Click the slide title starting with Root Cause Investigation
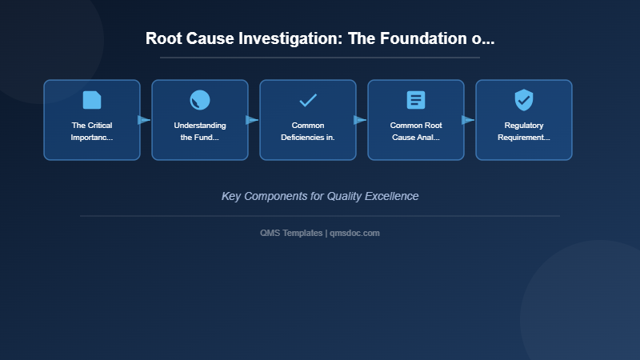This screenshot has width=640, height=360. click(x=320, y=38)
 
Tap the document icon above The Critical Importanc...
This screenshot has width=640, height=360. click(x=92, y=100)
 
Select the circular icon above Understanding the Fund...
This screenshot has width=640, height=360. click(x=200, y=100)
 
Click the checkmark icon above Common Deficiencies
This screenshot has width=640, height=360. click(x=308, y=100)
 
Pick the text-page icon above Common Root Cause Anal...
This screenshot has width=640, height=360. click(x=416, y=100)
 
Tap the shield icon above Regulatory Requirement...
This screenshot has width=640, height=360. click(x=524, y=100)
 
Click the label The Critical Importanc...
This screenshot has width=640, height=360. click(x=92, y=131)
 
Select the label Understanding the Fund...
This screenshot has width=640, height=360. click(x=200, y=131)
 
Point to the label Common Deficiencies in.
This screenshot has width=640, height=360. click(x=308, y=131)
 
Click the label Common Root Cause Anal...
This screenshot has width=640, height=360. click(x=416, y=131)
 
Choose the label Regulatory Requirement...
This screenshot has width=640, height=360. click(x=524, y=131)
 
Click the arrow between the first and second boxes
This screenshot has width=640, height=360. click(x=144, y=120)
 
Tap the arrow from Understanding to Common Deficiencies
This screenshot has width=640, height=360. click(x=252, y=120)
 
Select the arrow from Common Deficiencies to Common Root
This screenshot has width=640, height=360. click(x=360, y=120)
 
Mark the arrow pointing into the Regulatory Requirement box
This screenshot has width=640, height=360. click(x=468, y=120)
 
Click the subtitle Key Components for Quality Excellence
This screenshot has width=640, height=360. click(x=320, y=196)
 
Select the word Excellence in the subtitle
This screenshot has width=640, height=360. click(x=391, y=196)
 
